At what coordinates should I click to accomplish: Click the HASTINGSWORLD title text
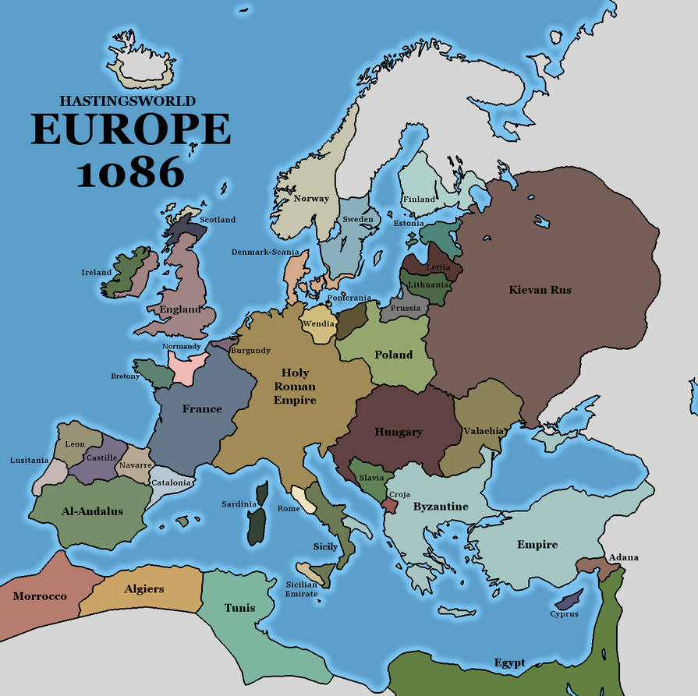coord(128,101)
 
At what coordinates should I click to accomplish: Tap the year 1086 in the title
coord(130,171)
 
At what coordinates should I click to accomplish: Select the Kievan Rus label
coord(540,290)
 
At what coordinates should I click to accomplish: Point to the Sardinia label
coord(238,504)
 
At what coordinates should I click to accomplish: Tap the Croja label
coord(399,494)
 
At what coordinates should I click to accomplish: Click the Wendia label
coord(319,323)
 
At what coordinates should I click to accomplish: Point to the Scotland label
coord(218,220)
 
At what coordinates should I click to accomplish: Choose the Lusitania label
coord(28,460)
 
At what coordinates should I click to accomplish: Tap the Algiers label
coord(144,588)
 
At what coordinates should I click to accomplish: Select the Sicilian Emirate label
coord(301,588)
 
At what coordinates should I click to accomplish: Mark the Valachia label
coord(484,431)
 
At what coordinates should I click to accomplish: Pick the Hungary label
coord(399,432)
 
